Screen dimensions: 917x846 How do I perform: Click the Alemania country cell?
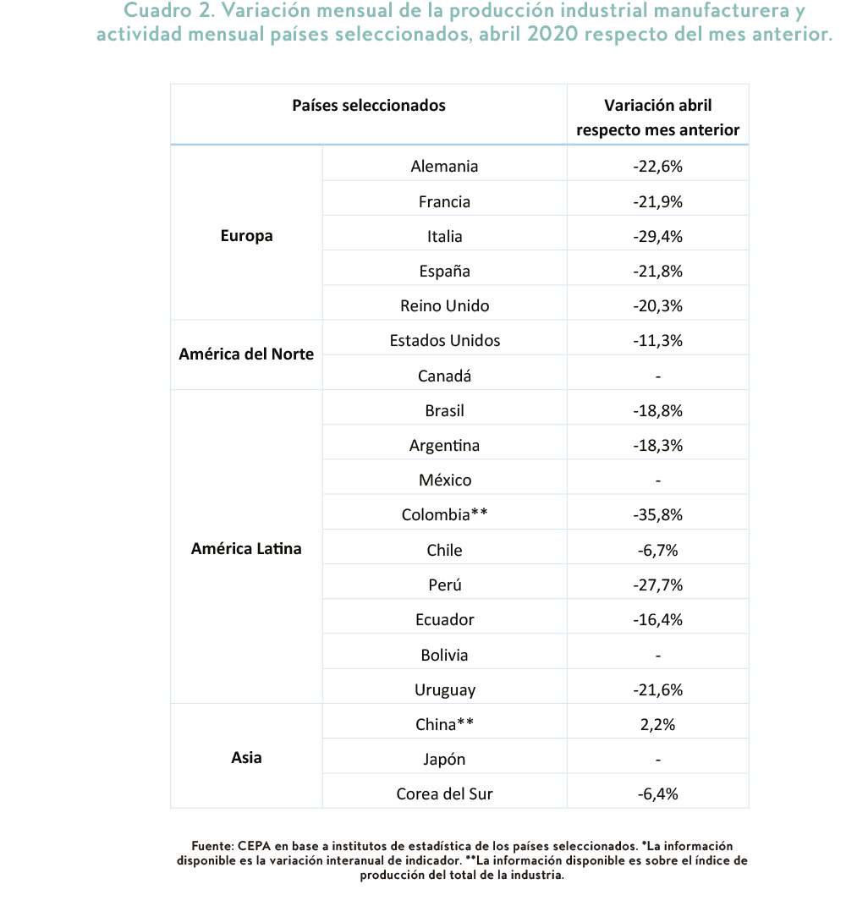[444, 167]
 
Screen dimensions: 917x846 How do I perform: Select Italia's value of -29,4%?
[657, 237]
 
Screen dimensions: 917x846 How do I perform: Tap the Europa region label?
[246, 236]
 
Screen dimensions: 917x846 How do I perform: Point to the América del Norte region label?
[246, 354]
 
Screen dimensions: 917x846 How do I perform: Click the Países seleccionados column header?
[369, 106]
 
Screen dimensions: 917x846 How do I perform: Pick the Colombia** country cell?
[444, 514]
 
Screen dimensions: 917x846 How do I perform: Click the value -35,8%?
[657, 514]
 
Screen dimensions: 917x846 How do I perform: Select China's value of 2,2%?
[657, 724]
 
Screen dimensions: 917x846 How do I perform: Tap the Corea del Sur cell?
[444, 793]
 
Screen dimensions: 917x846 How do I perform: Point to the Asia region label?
[246, 758]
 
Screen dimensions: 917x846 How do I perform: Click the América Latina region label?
[246, 549]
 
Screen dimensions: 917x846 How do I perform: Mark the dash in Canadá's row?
[657, 376]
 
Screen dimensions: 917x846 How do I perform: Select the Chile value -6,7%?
[657, 551]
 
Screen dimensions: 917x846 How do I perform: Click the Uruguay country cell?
[444, 690]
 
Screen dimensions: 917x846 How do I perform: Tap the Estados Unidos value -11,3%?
[657, 341]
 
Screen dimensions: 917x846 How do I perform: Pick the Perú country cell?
[444, 585]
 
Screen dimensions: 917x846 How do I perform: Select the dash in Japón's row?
[657, 760]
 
